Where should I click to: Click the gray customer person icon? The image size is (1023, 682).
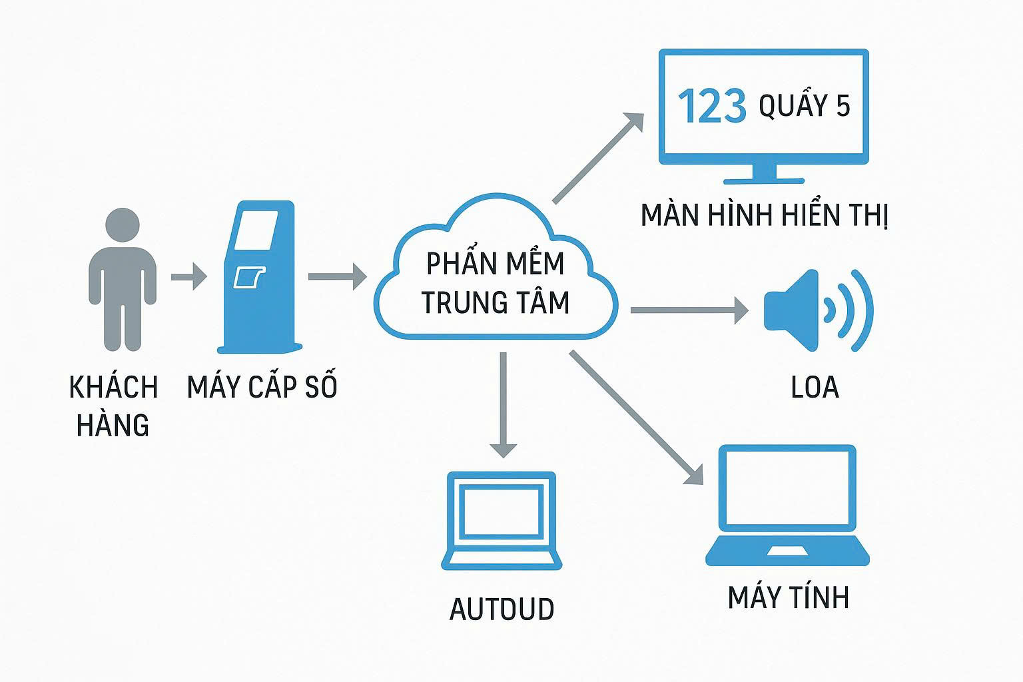pyautogui.click(x=123, y=280)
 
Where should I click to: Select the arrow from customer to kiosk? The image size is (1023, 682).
pyautogui.click(x=189, y=276)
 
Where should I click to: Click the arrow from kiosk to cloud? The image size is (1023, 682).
pyautogui.click(x=337, y=276)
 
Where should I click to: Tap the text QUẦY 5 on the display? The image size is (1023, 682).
pyautogui.click(x=805, y=106)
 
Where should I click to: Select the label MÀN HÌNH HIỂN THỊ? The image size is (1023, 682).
pyautogui.click(x=764, y=216)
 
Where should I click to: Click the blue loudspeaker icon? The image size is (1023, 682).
pyautogui.click(x=817, y=310)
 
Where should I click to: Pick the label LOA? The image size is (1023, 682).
pyautogui.click(x=815, y=387)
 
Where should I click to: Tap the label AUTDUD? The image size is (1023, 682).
pyautogui.click(x=502, y=609)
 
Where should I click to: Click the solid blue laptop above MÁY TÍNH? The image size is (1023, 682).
pyautogui.click(x=788, y=506)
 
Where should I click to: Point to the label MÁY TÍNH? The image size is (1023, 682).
pyautogui.click(x=789, y=597)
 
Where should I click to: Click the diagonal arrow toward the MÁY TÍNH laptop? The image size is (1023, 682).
pyautogui.click(x=636, y=417)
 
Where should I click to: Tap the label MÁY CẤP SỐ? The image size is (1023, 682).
pyautogui.click(x=262, y=387)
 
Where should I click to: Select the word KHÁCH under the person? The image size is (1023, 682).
pyautogui.click(x=113, y=387)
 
